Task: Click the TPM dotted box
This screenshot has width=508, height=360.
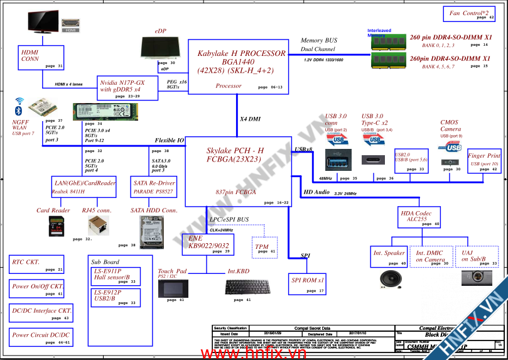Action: pos(263,247)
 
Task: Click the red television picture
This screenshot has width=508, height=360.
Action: pos(42,22)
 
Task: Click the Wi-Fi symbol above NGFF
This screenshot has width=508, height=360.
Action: pos(19,101)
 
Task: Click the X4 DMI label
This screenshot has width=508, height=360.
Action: pos(250,119)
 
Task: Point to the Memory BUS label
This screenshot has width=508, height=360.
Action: pos(318,40)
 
